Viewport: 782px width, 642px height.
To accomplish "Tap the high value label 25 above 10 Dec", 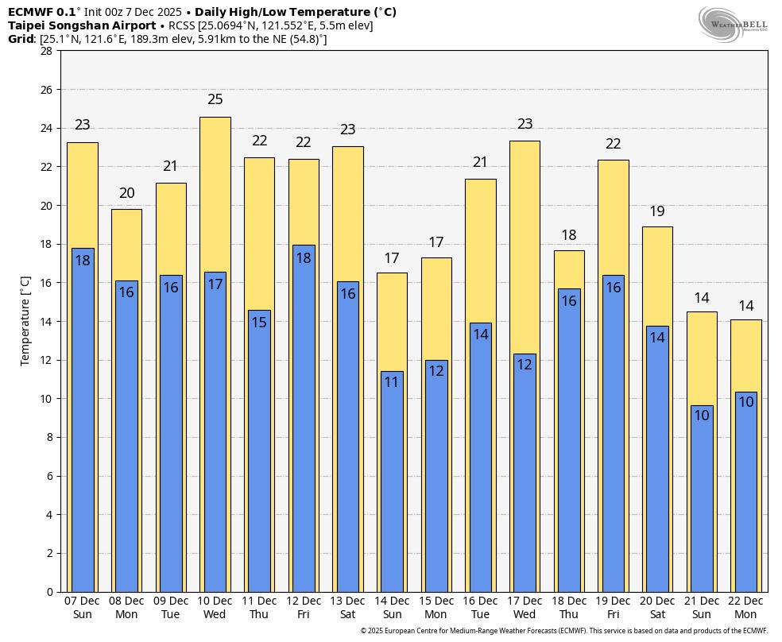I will tap(215, 99).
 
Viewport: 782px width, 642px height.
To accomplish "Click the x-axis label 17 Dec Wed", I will tap(525, 608).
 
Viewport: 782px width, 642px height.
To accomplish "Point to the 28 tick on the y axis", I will tap(46, 51).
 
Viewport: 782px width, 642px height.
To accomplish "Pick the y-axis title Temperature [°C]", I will tap(25, 321).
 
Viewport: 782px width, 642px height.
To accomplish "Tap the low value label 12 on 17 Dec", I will tap(525, 365).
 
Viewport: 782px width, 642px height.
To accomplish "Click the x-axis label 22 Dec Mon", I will tap(745, 608).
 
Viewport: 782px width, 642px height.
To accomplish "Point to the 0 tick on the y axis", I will tap(49, 592).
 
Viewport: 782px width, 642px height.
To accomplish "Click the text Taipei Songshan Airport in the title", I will tap(82, 25).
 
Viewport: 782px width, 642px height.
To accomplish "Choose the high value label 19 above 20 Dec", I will tap(657, 211).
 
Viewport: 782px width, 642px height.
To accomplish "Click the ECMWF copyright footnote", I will tap(563, 631).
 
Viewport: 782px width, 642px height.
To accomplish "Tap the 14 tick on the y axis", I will tap(46, 321).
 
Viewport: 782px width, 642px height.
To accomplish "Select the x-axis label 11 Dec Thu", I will tap(259, 608).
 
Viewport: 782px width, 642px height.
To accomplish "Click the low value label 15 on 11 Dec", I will tap(259, 323).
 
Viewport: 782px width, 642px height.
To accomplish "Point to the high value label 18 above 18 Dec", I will tap(569, 235).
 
